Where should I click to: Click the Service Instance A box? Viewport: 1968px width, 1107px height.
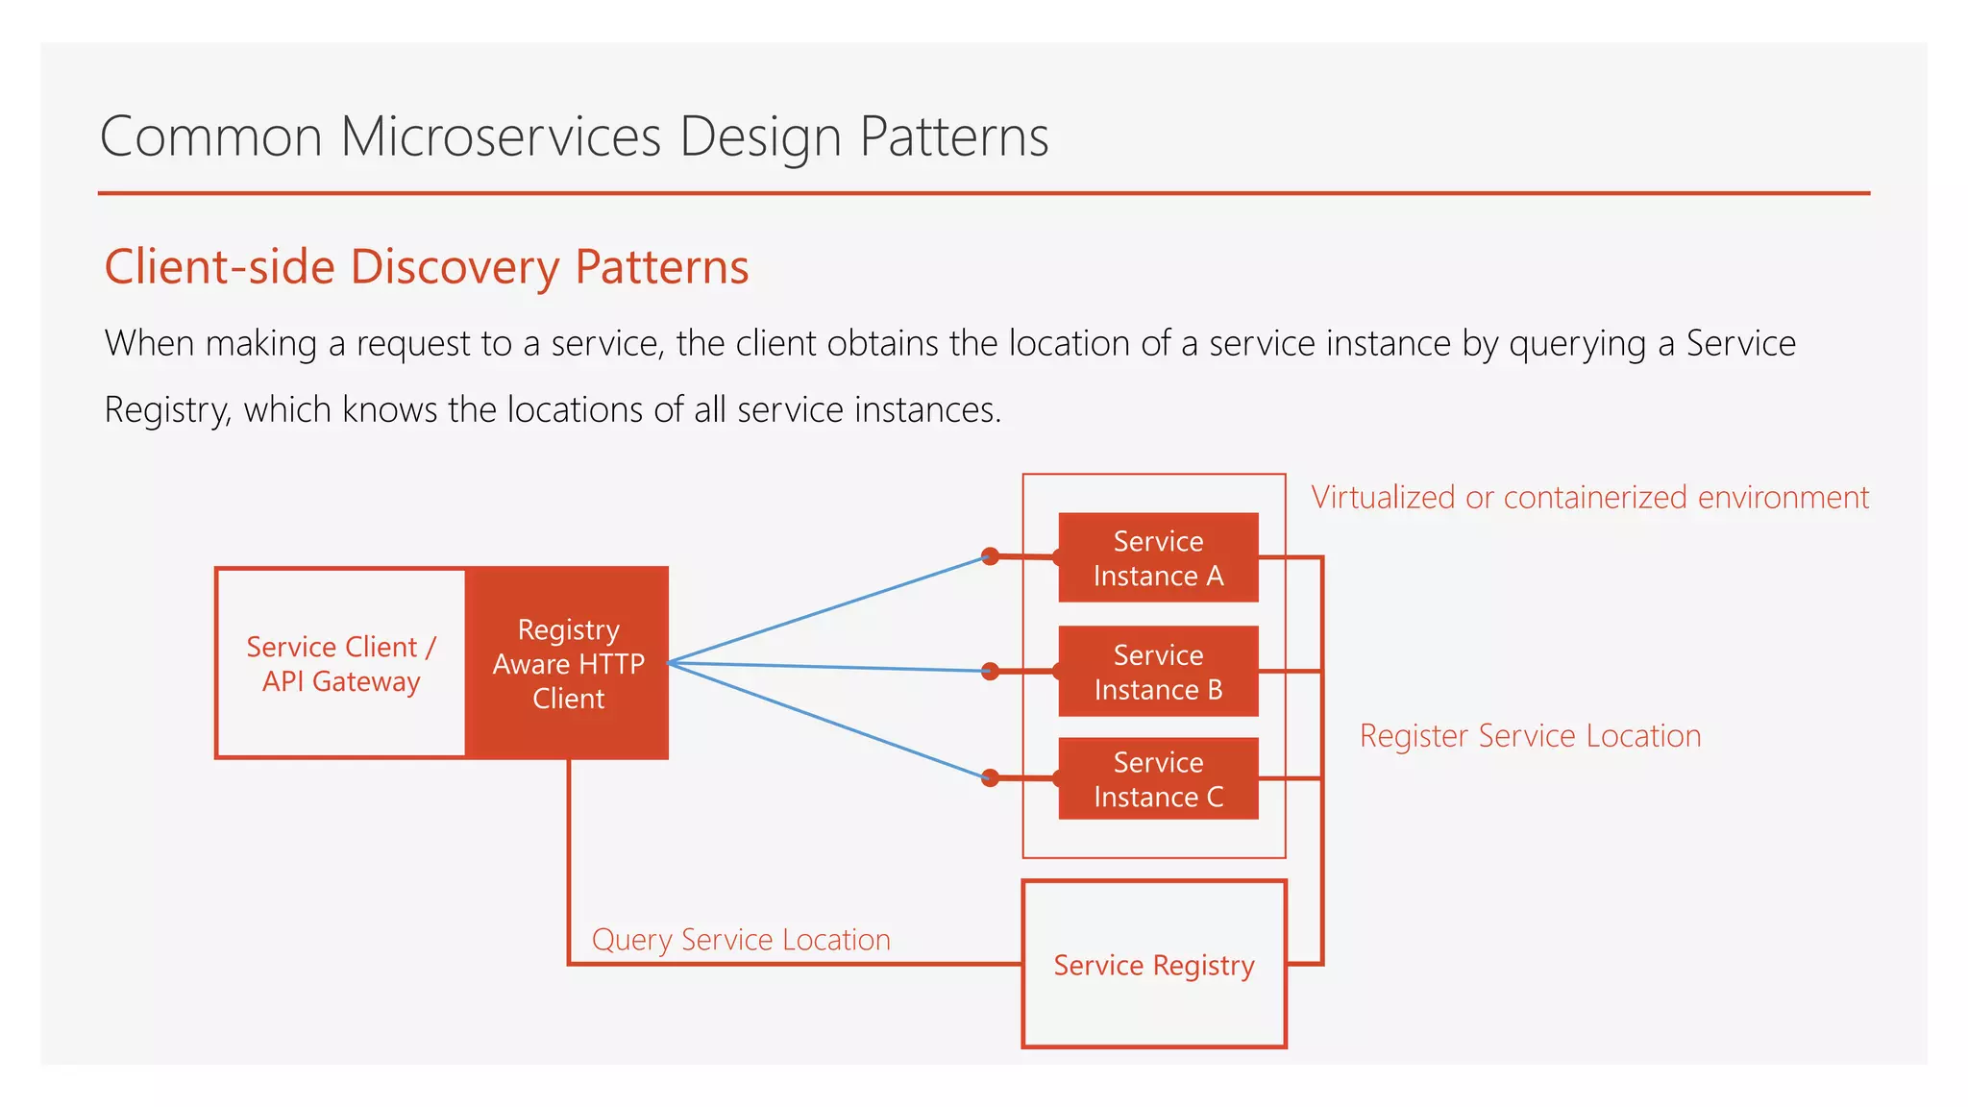coord(1158,557)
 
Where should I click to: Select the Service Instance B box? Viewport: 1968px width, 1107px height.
coord(1158,671)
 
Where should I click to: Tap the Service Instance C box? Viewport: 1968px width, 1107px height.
coord(1158,778)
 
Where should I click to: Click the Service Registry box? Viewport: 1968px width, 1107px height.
coord(1154,964)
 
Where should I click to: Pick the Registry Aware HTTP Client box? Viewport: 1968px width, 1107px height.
coord(568,663)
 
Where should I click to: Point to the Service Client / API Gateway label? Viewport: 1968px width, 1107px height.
coord(341,663)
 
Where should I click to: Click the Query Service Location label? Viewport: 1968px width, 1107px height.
coord(741,939)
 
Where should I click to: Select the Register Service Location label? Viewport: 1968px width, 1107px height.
coord(1530,735)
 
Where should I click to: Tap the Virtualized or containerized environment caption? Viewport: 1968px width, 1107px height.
coord(1589,497)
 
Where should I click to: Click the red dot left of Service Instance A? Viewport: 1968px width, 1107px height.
coord(990,556)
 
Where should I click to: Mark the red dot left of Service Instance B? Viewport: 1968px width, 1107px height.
coord(990,671)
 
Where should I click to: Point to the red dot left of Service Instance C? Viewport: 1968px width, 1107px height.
coord(990,777)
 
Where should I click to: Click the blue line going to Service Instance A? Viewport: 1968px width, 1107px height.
coord(826,610)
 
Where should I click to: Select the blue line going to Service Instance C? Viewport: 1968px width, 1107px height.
coord(826,720)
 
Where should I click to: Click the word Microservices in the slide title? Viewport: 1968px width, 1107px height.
coord(501,136)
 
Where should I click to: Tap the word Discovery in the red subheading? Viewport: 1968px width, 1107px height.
coord(455,267)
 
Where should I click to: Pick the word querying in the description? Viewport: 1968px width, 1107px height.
coord(1577,344)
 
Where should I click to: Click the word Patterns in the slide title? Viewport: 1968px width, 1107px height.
coord(953,136)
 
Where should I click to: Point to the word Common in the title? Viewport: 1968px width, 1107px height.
coord(210,136)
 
